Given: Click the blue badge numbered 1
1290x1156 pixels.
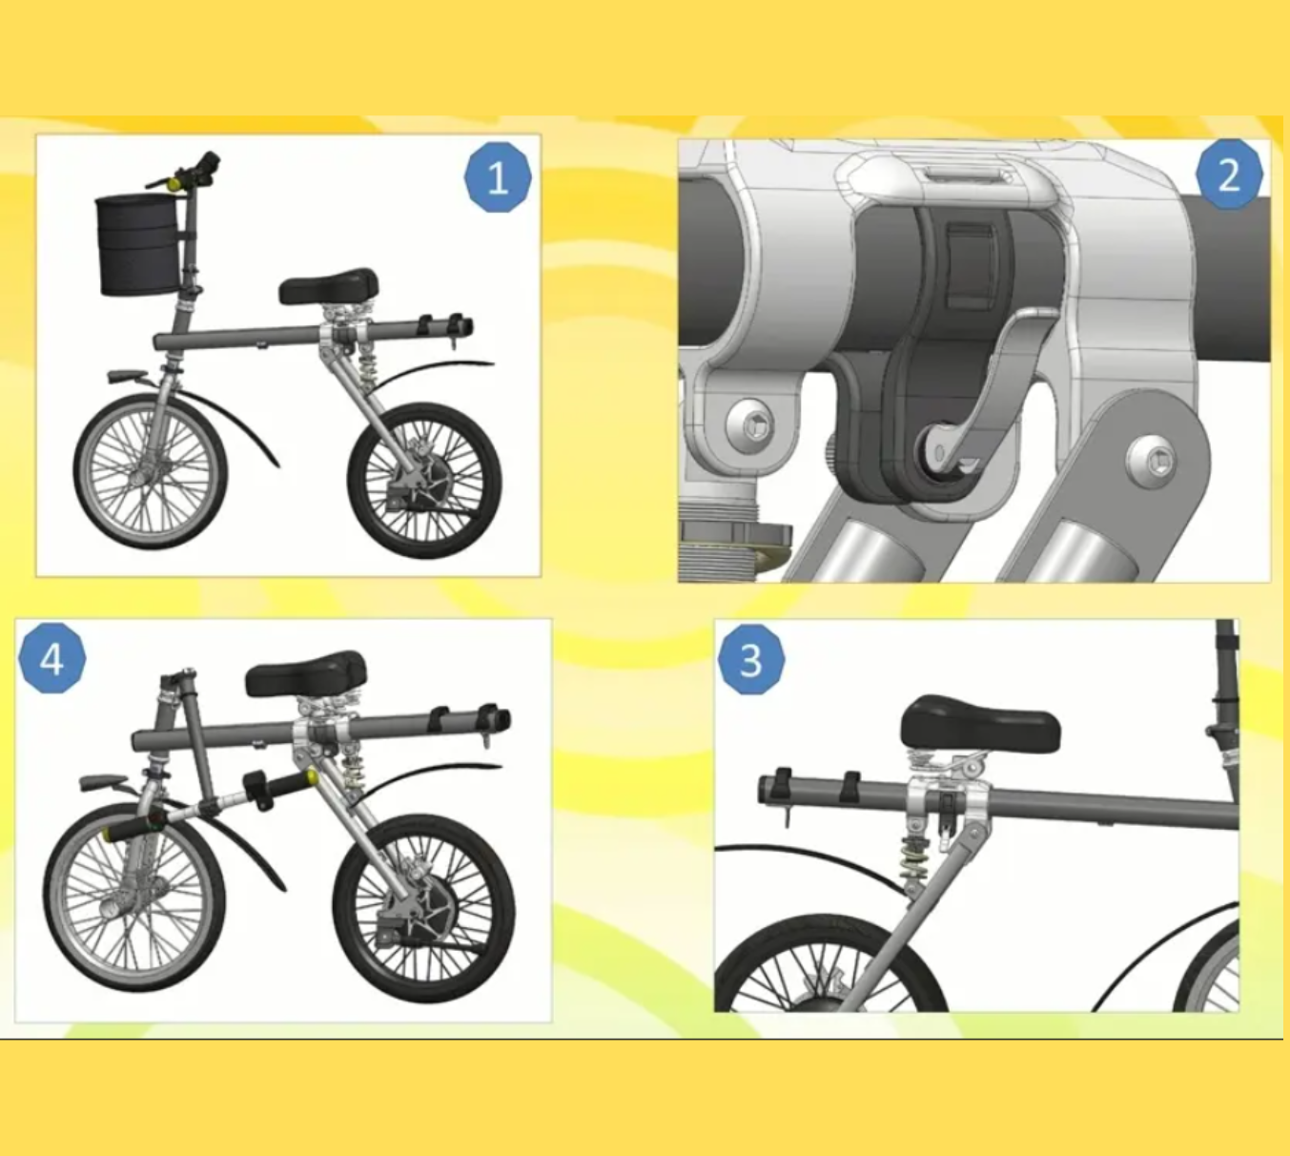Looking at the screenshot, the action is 498,177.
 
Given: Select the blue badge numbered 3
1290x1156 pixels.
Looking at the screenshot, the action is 751,660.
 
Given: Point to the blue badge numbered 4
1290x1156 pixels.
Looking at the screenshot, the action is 51,658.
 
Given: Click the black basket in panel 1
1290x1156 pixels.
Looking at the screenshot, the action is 137,246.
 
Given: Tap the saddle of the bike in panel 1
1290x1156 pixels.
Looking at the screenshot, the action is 329,286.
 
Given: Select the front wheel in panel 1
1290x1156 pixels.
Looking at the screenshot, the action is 151,470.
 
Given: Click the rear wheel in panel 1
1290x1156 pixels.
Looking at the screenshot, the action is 424,480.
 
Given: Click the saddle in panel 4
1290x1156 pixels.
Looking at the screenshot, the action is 306,673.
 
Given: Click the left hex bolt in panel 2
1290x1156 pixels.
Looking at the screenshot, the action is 752,423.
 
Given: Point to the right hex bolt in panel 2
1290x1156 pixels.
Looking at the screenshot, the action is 1151,461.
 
